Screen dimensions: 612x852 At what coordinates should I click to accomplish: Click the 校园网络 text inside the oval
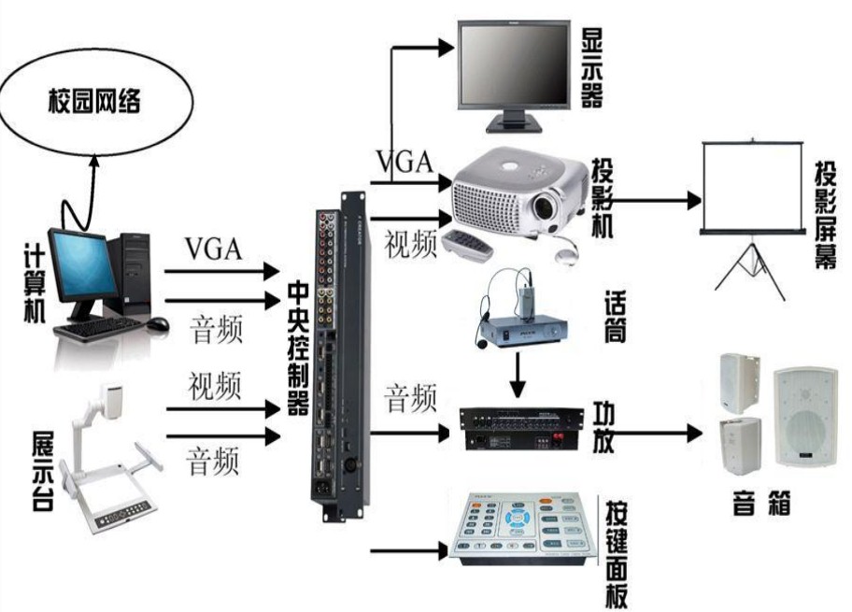tap(94, 102)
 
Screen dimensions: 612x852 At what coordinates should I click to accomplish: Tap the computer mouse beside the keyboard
tap(157, 324)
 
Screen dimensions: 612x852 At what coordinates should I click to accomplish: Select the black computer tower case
tap(129, 271)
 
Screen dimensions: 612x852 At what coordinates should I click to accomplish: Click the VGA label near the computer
tap(213, 249)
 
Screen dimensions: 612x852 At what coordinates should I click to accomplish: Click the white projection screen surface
tap(753, 187)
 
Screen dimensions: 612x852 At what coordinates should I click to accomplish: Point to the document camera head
tap(114, 399)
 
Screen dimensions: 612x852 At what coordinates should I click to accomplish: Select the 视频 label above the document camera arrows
tap(214, 385)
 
